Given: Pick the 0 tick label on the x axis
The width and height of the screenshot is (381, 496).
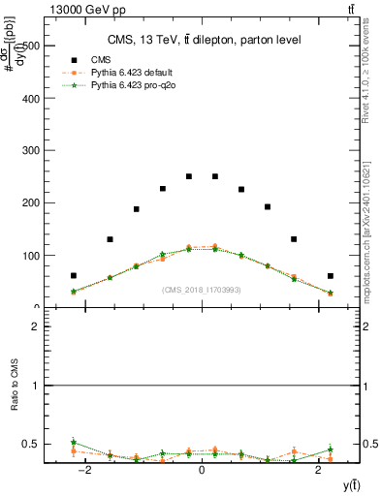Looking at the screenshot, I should [202, 470].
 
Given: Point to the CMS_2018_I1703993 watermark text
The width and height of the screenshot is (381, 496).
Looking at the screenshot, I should [201, 289].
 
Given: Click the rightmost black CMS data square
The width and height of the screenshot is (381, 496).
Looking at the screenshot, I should [330, 275].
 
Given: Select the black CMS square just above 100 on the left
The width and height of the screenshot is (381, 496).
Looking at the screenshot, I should [110, 239].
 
